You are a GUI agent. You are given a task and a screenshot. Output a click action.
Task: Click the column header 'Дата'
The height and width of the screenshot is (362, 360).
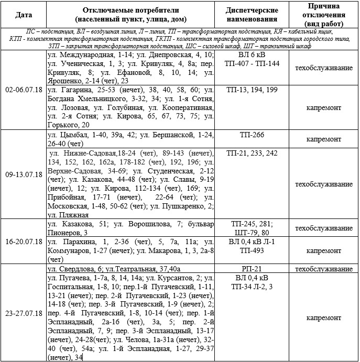24,14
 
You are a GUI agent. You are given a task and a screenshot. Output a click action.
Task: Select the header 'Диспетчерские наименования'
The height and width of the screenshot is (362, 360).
252,14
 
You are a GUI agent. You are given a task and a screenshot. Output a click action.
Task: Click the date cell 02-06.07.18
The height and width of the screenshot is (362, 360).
24,90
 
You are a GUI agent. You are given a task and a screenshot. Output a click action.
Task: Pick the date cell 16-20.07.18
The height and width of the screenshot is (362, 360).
24,242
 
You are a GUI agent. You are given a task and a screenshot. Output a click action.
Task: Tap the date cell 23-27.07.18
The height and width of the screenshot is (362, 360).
24,313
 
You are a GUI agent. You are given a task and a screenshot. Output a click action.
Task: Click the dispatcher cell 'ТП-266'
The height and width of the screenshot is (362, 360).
252,135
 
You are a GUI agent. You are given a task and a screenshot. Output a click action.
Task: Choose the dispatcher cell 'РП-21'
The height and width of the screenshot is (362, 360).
252,268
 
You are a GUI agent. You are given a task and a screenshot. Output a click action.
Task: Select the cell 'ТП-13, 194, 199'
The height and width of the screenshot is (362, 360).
252,90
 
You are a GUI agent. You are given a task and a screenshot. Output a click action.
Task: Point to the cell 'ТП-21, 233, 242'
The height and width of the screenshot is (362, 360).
252,153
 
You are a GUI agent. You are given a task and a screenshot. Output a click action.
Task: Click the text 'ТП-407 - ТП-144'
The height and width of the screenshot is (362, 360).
252,63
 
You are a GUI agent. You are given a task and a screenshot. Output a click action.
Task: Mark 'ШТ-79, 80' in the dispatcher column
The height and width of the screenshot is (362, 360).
252,233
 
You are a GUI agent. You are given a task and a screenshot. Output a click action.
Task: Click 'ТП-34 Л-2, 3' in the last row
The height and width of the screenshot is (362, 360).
252,286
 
